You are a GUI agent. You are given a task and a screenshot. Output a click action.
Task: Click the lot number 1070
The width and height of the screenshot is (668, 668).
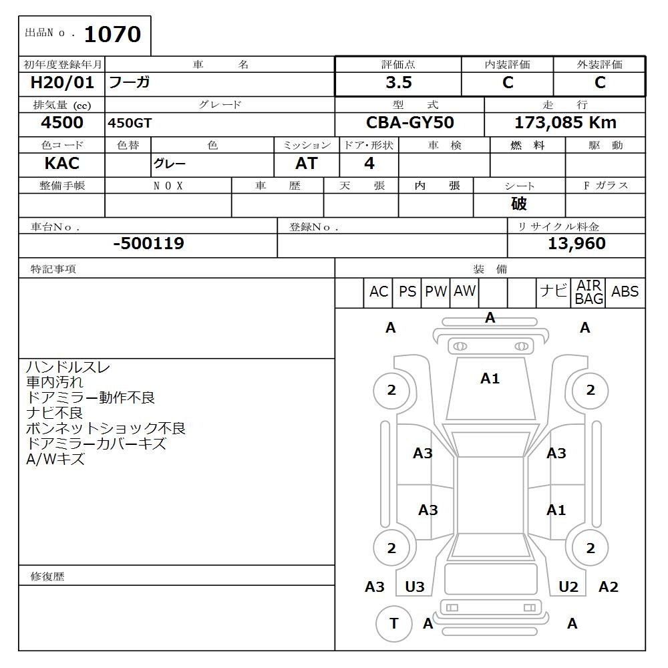(x=112, y=35)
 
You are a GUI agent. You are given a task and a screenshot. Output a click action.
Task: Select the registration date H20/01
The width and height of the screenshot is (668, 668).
(x=62, y=83)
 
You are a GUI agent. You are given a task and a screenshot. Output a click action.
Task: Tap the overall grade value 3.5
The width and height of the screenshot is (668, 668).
(x=398, y=83)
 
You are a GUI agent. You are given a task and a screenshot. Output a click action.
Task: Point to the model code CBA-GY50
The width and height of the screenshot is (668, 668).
(x=410, y=123)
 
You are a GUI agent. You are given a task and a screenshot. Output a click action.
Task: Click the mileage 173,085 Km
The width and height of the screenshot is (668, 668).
(x=565, y=123)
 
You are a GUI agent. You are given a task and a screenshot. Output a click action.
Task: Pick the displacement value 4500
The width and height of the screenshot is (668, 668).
(x=62, y=123)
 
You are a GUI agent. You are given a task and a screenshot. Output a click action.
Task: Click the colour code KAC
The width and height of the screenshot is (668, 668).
(x=61, y=164)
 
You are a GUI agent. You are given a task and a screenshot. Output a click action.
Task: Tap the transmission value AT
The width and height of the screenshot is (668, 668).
(x=307, y=164)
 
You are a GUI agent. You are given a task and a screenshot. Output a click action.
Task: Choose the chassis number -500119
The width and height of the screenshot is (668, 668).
(x=148, y=244)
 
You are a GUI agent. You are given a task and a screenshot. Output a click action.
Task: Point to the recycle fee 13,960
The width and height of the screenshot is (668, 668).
(x=576, y=244)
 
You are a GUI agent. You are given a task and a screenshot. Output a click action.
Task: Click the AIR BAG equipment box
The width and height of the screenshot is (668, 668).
(x=589, y=293)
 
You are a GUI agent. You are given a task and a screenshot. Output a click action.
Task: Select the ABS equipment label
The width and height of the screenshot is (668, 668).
(x=625, y=292)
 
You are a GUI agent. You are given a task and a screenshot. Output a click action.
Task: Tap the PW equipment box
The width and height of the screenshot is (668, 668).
(x=436, y=292)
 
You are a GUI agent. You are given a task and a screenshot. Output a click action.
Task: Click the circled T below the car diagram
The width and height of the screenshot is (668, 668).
(x=393, y=623)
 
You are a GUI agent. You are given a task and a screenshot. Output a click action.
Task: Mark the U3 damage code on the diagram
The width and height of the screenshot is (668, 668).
(x=415, y=587)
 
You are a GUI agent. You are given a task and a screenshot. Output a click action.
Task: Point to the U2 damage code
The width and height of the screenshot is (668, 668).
(x=568, y=587)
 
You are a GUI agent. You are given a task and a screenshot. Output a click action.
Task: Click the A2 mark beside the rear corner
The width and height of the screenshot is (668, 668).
(x=608, y=587)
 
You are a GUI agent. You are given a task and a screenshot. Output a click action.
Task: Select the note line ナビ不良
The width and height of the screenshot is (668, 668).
(x=54, y=413)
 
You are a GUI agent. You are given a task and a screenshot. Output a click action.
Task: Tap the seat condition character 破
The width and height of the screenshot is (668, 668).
(x=519, y=204)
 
